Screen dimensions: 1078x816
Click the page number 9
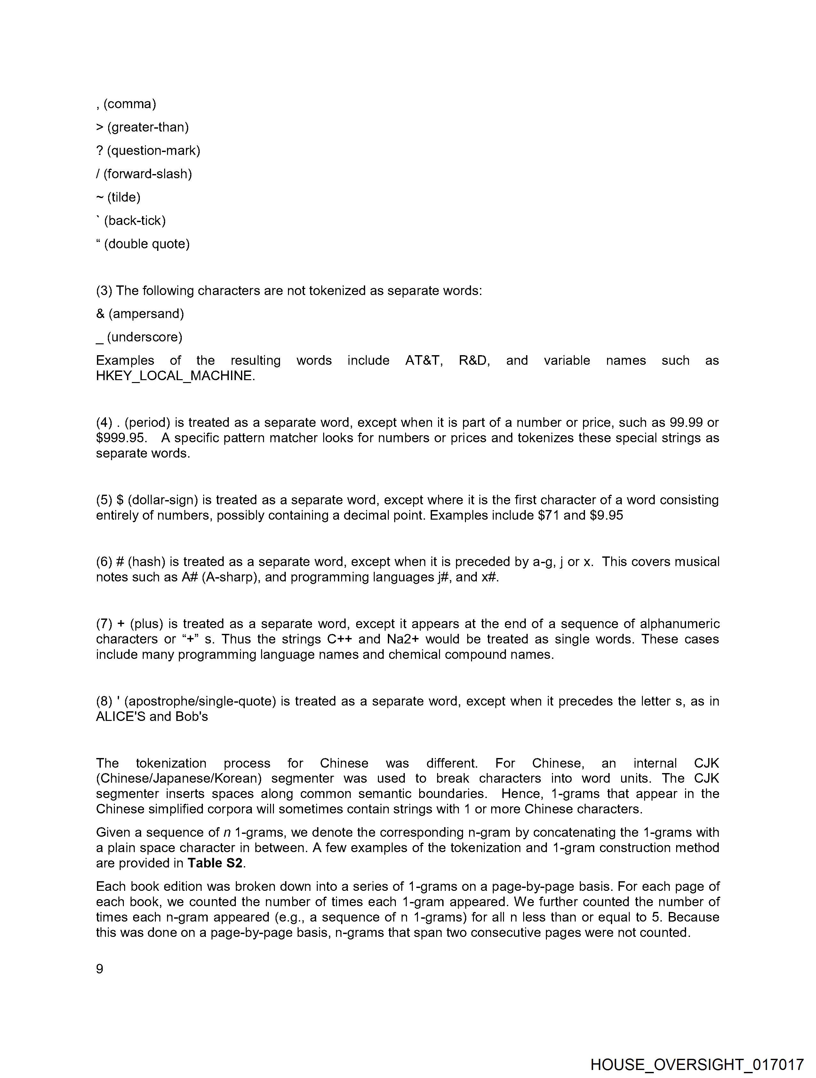pos(100,968)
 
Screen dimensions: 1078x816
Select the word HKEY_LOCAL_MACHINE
pos(175,376)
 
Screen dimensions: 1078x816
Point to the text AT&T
pos(424,360)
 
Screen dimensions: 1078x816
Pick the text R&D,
pos(474,360)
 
